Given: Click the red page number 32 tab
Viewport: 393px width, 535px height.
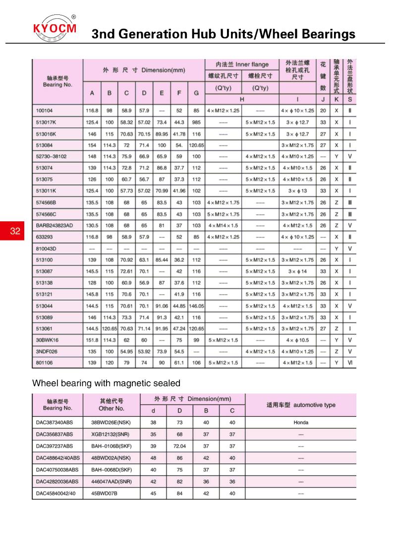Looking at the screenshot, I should (x=15, y=231).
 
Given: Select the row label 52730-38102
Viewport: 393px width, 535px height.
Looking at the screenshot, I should (x=52, y=155).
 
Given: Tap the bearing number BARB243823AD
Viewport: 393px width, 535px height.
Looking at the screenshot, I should (x=55, y=225).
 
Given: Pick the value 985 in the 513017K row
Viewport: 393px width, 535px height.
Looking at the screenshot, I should (x=196, y=122).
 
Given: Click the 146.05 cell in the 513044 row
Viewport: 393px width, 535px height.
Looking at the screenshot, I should (x=196, y=306).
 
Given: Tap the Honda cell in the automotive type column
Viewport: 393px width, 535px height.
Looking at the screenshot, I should (x=300, y=422).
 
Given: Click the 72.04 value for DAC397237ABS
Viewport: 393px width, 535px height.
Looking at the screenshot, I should (x=180, y=446).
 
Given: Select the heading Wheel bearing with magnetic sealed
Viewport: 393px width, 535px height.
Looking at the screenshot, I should (x=106, y=383).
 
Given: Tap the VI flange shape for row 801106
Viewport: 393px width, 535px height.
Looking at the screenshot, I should (x=350, y=363).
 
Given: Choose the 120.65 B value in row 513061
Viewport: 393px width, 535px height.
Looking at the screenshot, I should (x=109, y=329).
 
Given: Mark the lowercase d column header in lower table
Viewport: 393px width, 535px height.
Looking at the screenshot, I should (x=154, y=410).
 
